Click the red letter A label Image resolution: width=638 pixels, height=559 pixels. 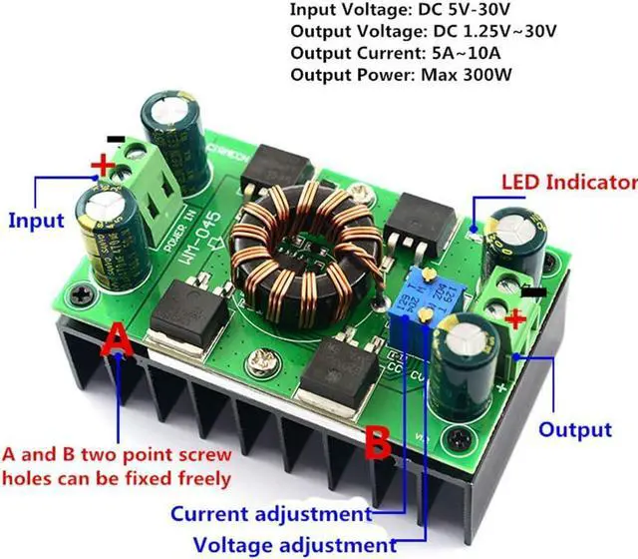pyautogui.click(x=118, y=342)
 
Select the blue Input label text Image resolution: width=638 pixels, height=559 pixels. pyautogui.click(x=36, y=220)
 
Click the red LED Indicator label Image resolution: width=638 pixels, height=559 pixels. pyautogui.click(x=567, y=183)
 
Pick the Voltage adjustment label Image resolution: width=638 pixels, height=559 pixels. pyautogui.click(x=295, y=545)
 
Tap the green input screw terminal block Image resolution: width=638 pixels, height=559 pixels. pyautogui.click(x=145, y=195)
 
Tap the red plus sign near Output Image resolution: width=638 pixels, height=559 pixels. pyautogui.click(x=515, y=320)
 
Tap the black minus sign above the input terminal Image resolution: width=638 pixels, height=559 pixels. pyautogui.click(x=116, y=139)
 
